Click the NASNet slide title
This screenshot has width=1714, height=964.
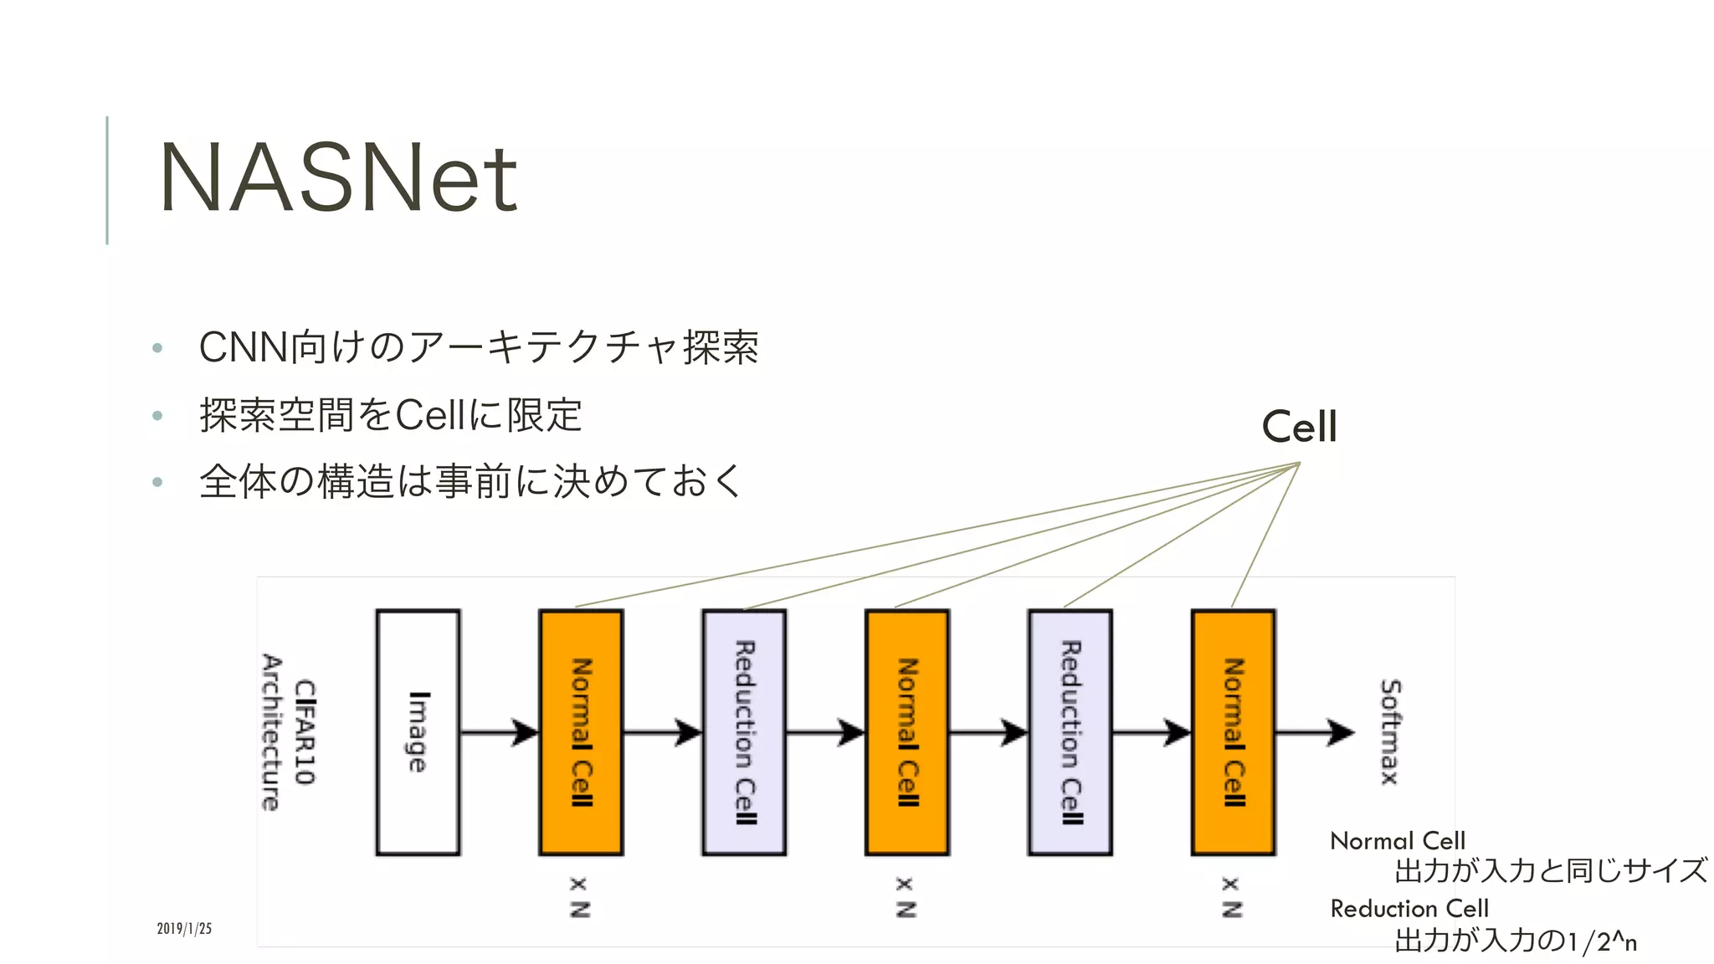pyautogui.click(x=338, y=177)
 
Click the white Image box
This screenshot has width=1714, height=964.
pyautogui.click(x=418, y=732)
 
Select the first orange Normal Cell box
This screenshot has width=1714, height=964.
pyautogui.click(x=581, y=732)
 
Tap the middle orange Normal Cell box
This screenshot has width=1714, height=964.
pyautogui.click(x=907, y=732)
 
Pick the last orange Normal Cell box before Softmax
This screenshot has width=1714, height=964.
pyautogui.click(x=1233, y=732)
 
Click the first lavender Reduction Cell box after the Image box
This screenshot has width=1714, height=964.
pyautogui.click(x=744, y=732)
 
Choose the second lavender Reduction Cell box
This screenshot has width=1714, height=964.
pyautogui.click(x=1070, y=732)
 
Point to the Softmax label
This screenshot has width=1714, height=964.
pyautogui.click(x=1390, y=732)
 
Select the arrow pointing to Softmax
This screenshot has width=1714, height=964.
pyautogui.click(x=1314, y=732)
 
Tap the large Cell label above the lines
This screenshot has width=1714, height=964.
pyautogui.click(x=1299, y=427)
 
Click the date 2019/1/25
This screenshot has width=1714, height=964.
pyautogui.click(x=184, y=928)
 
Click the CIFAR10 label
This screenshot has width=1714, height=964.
pyautogui.click(x=305, y=732)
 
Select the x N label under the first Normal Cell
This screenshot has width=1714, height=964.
pyautogui.click(x=579, y=897)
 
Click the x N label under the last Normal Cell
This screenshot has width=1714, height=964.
pyautogui.click(x=1231, y=897)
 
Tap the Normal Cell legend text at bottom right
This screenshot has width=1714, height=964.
pyautogui.click(x=1398, y=840)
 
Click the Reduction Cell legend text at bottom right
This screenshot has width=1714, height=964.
pyautogui.click(x=1409, y=908)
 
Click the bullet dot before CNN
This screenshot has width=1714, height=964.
pyautogui.click(x=157, y=348)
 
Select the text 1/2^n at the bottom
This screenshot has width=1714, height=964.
pyautogui.click(x=1602, y=941)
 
